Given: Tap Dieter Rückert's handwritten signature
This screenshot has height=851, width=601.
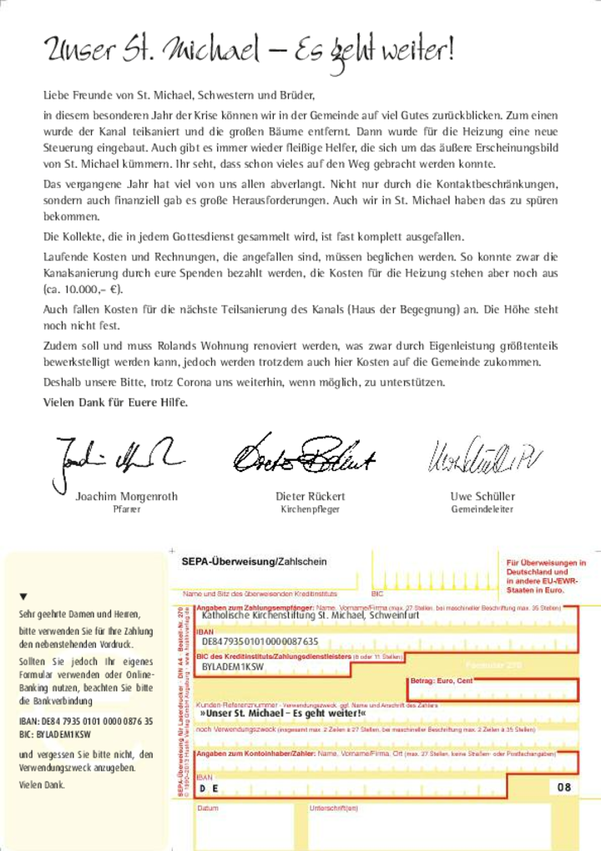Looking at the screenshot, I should pos(304,453).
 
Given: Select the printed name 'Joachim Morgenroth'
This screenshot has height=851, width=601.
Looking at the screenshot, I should pos(127,496).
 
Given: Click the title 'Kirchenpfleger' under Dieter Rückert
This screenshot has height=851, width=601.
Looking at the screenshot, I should pos(311,509).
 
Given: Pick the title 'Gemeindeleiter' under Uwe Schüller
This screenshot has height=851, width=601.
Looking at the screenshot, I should pos(482,509).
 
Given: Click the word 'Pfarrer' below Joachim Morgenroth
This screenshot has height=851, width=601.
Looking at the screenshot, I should pos(126,509).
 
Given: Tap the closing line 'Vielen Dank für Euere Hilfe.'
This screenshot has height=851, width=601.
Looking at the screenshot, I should pos(116,402).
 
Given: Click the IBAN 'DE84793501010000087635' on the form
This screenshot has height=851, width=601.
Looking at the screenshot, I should pos(260,641).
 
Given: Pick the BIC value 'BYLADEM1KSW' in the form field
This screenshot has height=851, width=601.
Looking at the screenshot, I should pos(233,668).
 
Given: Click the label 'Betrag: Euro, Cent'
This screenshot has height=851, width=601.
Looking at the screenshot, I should pos(442,681).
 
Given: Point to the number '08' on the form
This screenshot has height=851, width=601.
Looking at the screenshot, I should pos(565,787).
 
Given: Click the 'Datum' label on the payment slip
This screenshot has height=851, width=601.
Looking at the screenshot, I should pos(208,808).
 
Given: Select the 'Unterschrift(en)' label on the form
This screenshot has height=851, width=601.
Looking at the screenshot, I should pos(334,808).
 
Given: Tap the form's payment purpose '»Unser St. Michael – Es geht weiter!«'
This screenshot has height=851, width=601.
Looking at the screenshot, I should pos(284,715).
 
